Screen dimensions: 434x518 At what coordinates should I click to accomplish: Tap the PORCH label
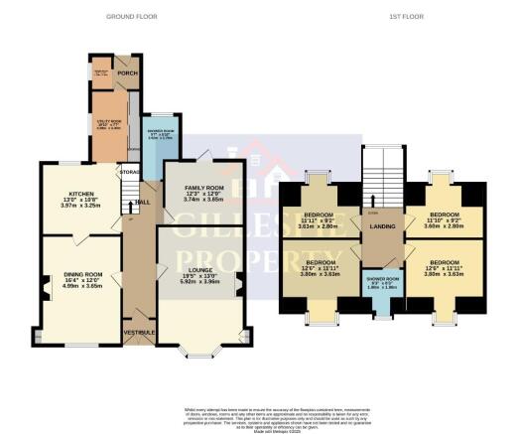126,72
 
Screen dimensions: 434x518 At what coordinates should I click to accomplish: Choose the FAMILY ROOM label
201,187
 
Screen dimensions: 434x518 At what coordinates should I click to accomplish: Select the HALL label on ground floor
143,203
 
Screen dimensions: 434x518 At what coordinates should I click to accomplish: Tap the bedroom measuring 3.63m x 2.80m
319,226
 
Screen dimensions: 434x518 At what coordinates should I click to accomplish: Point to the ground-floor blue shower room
159,134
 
